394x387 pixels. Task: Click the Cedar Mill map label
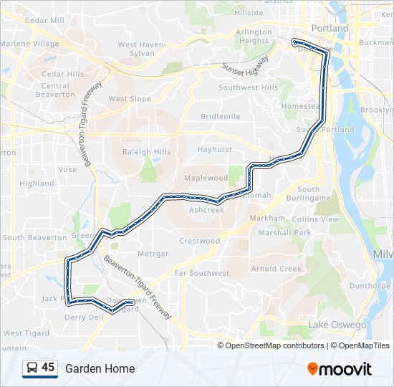click(44, 21)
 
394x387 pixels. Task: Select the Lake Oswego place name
click(337, 325)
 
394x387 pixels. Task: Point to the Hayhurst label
click(215, 150)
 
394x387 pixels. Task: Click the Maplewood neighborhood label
click(206, 178)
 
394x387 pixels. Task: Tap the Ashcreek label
click(206, 210)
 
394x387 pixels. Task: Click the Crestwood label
click(199, 241)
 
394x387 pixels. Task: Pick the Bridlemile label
click(221, 116)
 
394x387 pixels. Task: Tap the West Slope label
click(130, 99)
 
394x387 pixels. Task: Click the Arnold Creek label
click(277, 269)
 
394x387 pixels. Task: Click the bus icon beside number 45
click(32, 368)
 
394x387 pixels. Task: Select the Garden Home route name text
click(100, 368)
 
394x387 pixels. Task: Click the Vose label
click(67, 170)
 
